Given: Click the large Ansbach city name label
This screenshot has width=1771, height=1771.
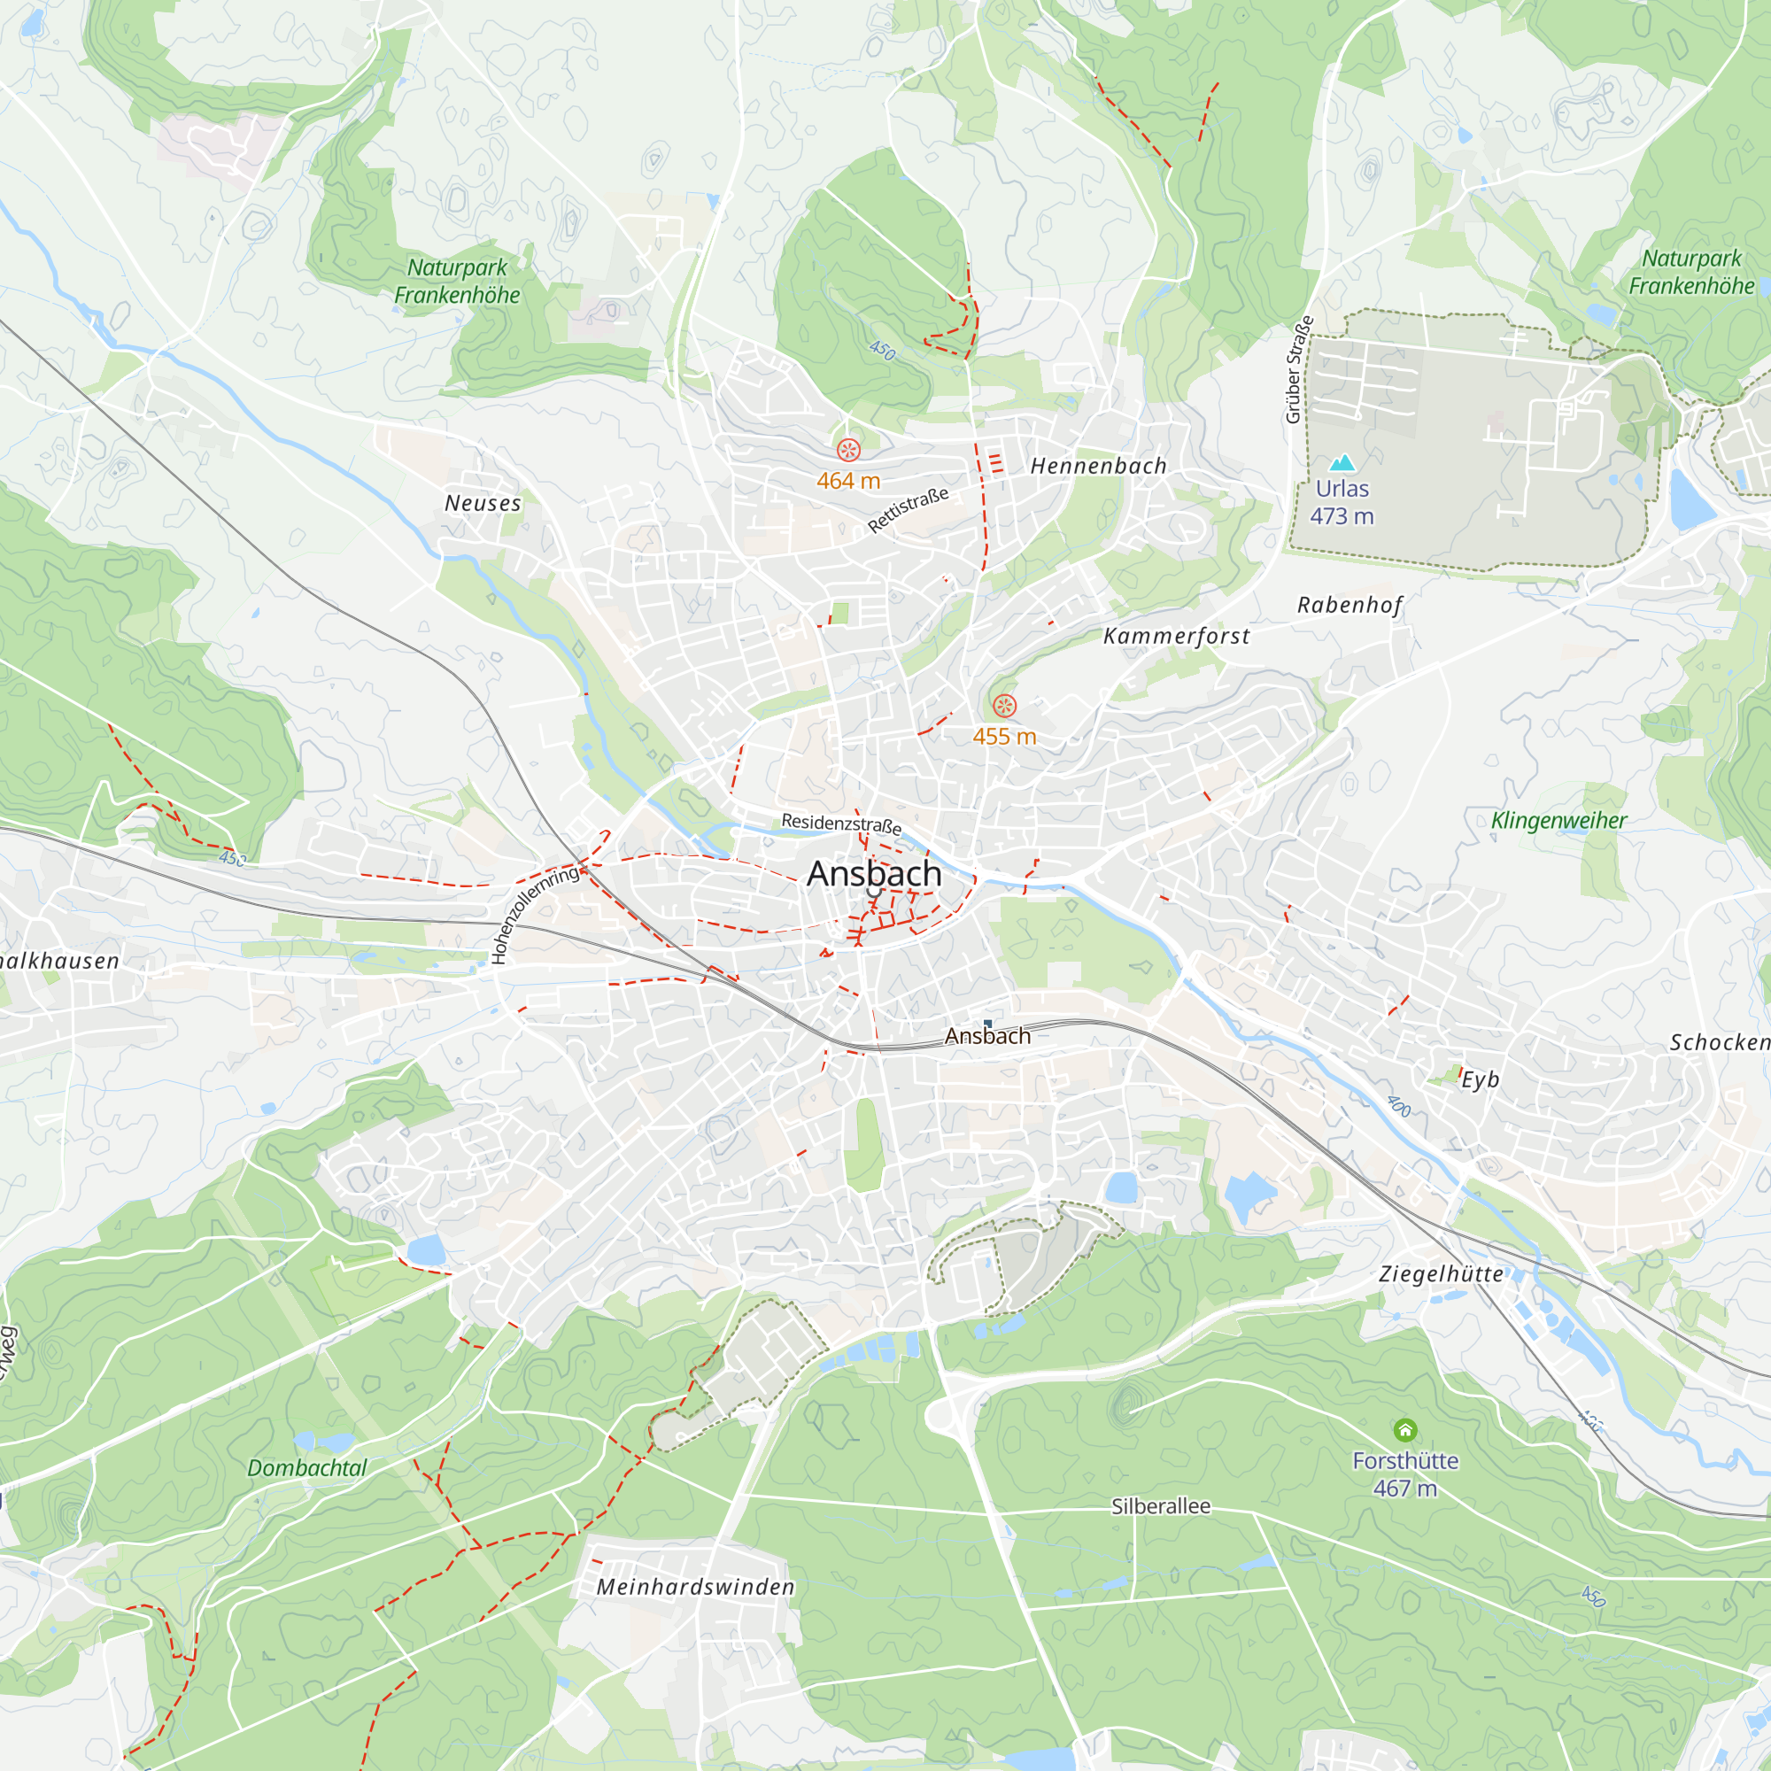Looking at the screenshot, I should point(874,874).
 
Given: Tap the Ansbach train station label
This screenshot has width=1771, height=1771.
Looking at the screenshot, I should point(987,1036).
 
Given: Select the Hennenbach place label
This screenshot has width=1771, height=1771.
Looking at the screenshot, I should point(1098,467).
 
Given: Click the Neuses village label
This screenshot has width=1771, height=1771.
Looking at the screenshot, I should point(483,503).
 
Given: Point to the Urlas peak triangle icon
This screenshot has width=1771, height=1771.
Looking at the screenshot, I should point(1342,463).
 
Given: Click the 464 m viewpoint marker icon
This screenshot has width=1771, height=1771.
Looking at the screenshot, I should point(848,450).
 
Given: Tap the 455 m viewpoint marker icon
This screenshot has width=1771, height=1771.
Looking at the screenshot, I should point(1005,706).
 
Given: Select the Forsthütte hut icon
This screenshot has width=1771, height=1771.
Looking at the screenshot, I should point(1405,1430).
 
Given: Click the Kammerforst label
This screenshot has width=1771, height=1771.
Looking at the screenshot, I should point(1176,636).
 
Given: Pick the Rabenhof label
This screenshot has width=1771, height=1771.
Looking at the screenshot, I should point(1350,605).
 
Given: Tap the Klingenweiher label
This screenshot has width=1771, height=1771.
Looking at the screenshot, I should point(1558,821).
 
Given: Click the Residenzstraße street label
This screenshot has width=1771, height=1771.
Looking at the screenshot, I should point(840,824).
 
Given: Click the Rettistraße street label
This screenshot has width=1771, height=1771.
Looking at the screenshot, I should point(908,511).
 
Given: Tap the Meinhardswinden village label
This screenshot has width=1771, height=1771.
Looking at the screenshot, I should point(696,1587).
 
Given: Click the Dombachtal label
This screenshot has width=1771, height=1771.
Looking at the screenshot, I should point(307,1467).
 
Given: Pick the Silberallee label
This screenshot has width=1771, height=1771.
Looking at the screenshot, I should point(1161,1506).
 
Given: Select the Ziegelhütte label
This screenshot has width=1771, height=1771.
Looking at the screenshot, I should point(1441,1274).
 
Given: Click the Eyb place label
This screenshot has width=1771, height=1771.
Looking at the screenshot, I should point(1480,1079).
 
